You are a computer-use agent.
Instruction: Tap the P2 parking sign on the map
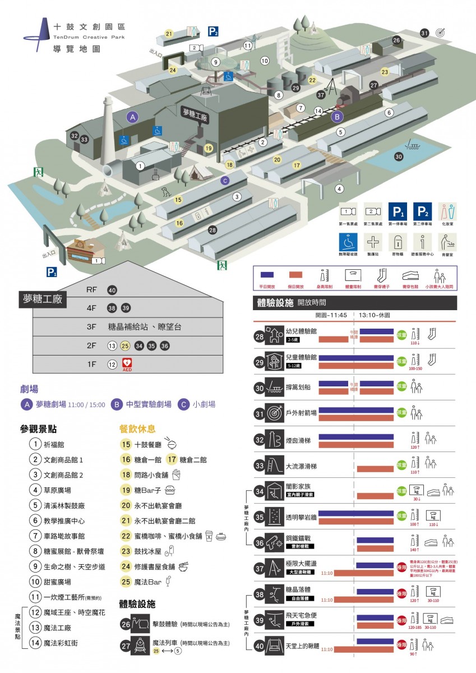pyautogui.click(x=213, y=31)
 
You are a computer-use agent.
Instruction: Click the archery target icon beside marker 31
pyautogui.click(x=440, y=33)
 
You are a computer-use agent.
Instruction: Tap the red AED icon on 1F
pyautogui.click(x=127, y=364)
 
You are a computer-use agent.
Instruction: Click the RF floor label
pyautogui.click(x=92, y=290)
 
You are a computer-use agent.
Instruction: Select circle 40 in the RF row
pyautogui.click(x=112, y=290)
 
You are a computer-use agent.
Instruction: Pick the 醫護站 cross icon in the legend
pyautogui.click(x=372, y=242)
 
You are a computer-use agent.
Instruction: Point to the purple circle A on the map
pyautogui.click(x=133, y=117)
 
